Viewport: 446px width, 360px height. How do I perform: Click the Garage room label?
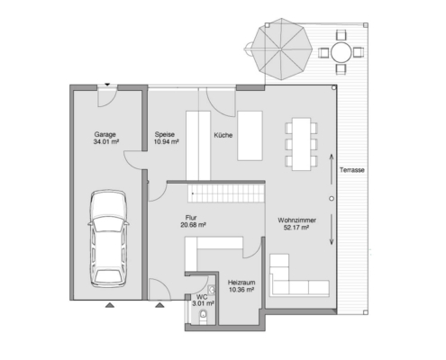point(105,134)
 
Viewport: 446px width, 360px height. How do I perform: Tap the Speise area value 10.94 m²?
point(167,142)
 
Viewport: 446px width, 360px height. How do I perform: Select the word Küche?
point(223,135)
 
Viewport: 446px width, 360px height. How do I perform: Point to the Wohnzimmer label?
point(296,220)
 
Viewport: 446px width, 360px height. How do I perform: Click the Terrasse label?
point(352,170)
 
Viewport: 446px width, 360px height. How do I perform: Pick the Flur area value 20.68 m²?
point(193,225)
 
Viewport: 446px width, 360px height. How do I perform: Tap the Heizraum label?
point(241,283)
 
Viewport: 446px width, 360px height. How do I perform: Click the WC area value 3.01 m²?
point(203,303)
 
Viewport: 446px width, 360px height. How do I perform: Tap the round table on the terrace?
point(341,52)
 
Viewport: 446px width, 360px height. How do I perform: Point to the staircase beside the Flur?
point(226,193)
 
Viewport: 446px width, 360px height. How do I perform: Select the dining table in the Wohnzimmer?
point(302,144)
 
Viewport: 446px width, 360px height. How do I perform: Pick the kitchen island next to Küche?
point(250,136)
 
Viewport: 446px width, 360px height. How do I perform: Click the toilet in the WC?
point(204,317)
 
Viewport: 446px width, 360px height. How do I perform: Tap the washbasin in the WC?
point(212,290)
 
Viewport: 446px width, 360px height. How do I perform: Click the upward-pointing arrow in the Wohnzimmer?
point(332,169)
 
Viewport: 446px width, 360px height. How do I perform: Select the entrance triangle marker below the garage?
point(110,305)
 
